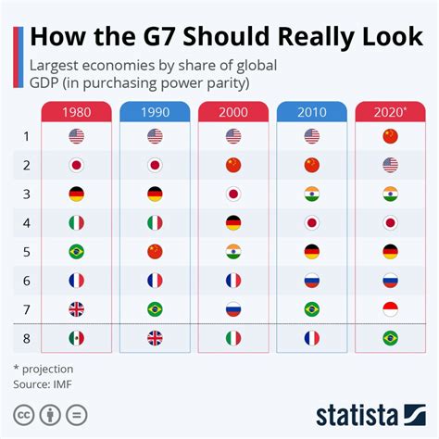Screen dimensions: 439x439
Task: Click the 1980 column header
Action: point(77,111)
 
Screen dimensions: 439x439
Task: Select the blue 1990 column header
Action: point(155,111)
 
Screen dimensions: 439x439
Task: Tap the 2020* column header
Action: point(390,111)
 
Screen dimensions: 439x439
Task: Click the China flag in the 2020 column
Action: point(390,137)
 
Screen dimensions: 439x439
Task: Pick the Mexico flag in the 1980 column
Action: point(77,338)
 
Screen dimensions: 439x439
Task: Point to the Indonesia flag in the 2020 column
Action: point(390,309)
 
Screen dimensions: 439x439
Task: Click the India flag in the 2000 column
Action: point(233,252)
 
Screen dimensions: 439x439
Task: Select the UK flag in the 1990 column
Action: point(155,338)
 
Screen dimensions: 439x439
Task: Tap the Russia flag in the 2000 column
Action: point(233,309)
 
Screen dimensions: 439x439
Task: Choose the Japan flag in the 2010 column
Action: point(312,223)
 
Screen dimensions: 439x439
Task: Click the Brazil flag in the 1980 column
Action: point(77,252)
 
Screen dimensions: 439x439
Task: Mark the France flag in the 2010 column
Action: point(312,338)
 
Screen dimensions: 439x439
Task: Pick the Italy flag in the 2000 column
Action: point(233,338)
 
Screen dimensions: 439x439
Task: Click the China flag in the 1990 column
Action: point(155,252)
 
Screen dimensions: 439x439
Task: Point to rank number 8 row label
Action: point(26,338)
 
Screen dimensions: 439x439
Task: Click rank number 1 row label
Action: point(26,137)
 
